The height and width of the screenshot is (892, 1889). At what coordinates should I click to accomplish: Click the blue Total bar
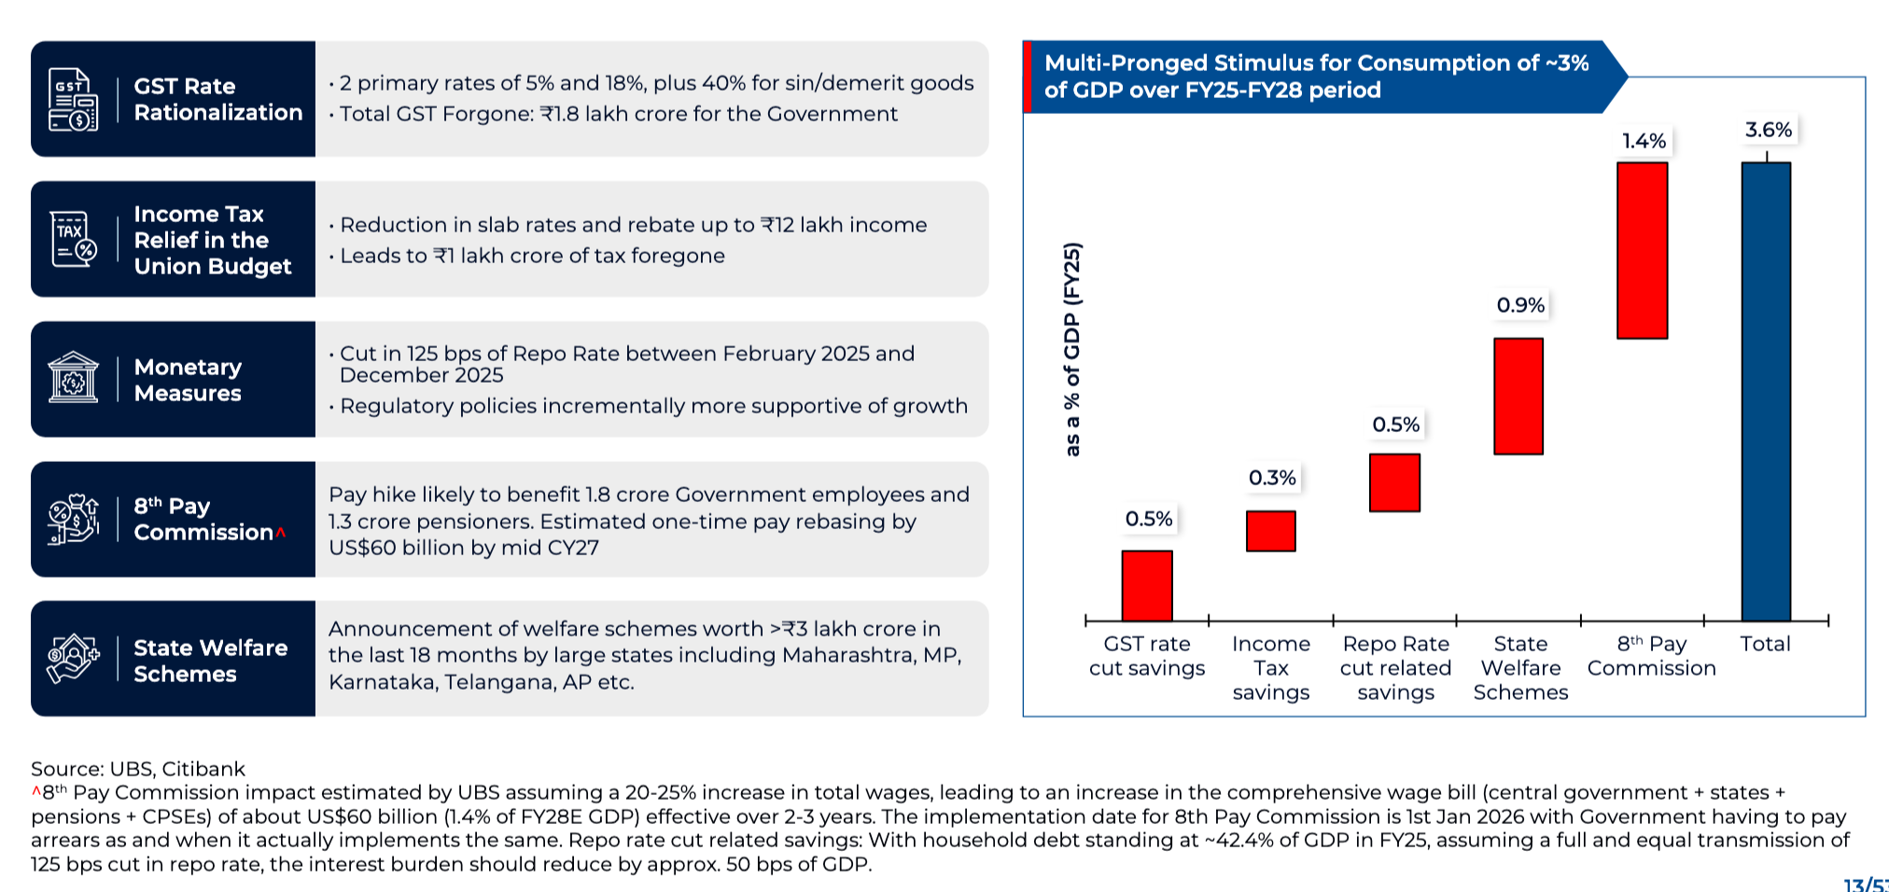coord(1766,391)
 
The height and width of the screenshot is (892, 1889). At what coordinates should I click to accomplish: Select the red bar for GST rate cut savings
coord(1147,585)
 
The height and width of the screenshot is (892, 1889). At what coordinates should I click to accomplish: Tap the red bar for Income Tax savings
coord(1270,531)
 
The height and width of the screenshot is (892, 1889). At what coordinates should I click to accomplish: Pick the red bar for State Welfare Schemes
coord(1518,396)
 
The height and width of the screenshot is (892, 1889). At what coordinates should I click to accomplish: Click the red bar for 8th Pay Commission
coord(1642,250)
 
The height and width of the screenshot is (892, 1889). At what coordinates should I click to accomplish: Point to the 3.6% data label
coord(1769,130)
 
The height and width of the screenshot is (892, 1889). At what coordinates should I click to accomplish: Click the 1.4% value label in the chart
coord(1644,141)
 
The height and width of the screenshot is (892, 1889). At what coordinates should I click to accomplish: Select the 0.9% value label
coord(1520,305)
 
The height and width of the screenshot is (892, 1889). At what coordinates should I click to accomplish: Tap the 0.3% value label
coord(1272,478)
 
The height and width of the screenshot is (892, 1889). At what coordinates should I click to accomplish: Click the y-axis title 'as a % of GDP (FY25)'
coord(1072,349)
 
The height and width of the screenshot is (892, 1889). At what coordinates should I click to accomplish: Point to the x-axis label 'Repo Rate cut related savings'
coord(1395,668)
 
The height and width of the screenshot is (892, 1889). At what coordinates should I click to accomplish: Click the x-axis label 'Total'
coord(1765,644)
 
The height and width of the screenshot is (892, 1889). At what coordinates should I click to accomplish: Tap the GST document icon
coord(73,99)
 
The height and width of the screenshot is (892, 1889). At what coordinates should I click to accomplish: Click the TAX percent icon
coord(73,239)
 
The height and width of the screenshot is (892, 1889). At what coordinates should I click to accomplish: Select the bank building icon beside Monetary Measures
coord(73,378)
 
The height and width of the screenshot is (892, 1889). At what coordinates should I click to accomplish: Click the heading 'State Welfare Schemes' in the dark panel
coord(210,661)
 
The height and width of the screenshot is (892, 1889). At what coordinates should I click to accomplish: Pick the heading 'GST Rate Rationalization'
coord(217,99)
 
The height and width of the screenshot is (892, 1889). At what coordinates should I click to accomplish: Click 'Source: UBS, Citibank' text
coord(138,769)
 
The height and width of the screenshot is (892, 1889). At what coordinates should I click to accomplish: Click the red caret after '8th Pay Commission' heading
coord(280,532)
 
